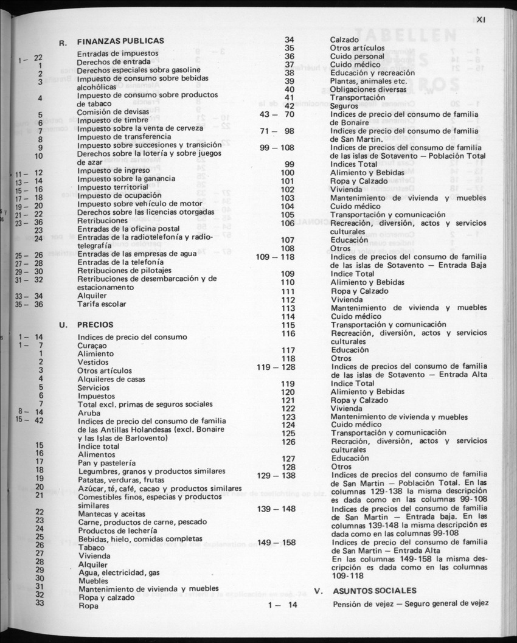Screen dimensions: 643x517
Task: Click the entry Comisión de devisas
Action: [112, 113]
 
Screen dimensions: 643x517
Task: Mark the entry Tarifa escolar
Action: [102, 304]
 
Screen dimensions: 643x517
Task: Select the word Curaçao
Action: [92, 345]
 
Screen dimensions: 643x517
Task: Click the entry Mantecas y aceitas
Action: [111, 513]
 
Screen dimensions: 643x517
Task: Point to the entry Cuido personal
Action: [357, 56]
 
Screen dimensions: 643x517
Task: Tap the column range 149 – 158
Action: [277, 542]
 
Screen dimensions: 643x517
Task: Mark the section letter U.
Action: [63, 325]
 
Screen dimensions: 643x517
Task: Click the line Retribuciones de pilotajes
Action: [125, 271]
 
